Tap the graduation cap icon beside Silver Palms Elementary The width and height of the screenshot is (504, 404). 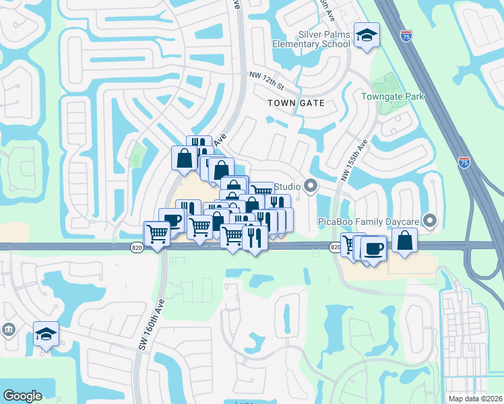pyautogui.click(x=367, y=34)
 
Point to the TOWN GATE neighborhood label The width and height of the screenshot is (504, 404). pyautogui.click(x=296, y=104)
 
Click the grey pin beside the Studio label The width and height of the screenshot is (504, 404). pyautogui.click(x=311, y=186)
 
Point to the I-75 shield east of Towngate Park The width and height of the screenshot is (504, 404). pyautogui.click(x=464, y=162)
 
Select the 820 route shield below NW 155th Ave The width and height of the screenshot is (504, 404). pyautogui.click(x=335, y=248)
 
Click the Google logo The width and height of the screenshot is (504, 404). pyautogui.click(x=22, y=396)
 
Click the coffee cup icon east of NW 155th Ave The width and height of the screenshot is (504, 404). pyautogui.click(x=373, y=248)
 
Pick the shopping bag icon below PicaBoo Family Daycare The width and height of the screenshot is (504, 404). pyautogui.click(x=404, y=240)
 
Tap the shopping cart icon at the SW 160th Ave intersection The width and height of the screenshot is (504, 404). pyautogui.click(x=157, y=234)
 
